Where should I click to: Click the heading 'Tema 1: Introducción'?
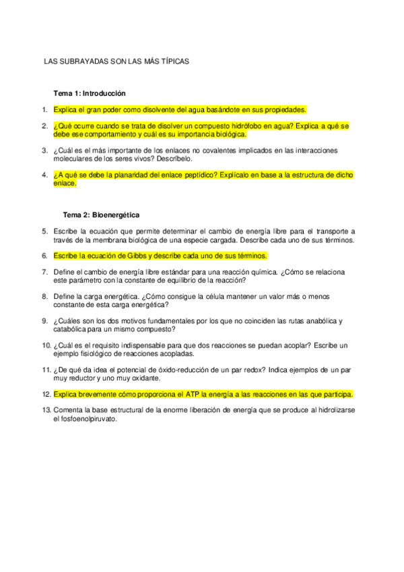[90, 93]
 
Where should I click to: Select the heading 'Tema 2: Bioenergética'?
[101, 214]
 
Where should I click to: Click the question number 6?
[44, 256]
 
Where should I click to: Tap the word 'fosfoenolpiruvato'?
[88, 418]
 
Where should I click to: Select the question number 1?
[44, 109]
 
